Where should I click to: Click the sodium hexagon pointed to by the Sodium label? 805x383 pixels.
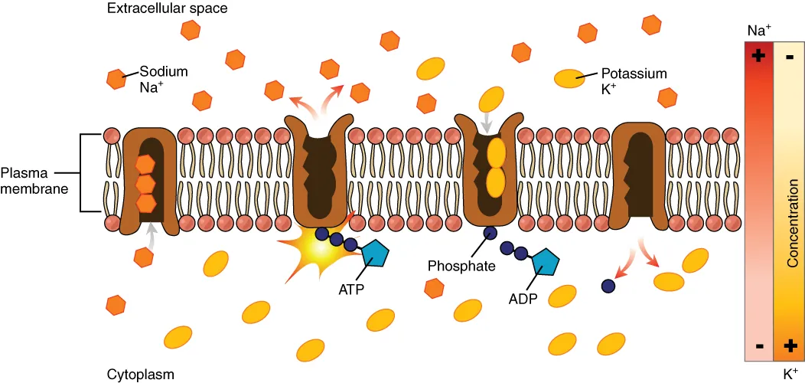pos(116,78)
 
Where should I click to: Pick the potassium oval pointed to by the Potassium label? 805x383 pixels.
pos(568,77)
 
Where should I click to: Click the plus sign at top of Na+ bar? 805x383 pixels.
pos(759,56)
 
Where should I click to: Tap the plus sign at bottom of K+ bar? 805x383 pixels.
pos(790,345)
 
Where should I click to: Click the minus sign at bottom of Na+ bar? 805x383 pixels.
pos(759,345)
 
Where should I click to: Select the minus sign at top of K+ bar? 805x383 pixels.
pos(790,56)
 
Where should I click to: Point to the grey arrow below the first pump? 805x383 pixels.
pos(152,233)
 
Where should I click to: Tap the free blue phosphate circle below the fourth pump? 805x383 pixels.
pos(608,286)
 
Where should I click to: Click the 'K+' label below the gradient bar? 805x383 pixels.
pos(790,374)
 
